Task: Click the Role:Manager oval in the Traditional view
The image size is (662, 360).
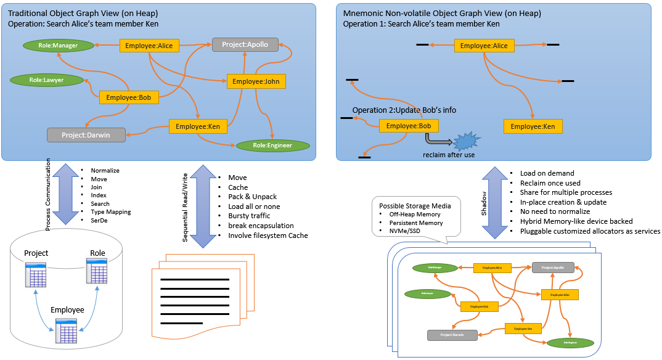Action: [x=58, y=45]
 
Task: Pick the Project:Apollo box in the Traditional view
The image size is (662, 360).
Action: [x=245, y=44]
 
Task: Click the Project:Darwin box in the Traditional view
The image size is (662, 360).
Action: [x=86, y=134]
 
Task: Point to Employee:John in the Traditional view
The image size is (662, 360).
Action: [x=256, y=81]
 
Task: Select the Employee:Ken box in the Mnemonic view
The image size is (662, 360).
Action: [x=533, y=127]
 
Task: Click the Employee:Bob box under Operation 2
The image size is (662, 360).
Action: [x=409, y=126]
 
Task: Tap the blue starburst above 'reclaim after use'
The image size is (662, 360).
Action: [x=467, y=141]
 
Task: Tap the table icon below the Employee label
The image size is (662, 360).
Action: [x=67, y=330]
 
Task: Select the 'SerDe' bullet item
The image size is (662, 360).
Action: [x=100, y=220]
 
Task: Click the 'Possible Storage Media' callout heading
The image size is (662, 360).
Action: [x=415, y=205]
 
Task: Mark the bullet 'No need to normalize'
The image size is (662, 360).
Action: [x=552, y=211]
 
